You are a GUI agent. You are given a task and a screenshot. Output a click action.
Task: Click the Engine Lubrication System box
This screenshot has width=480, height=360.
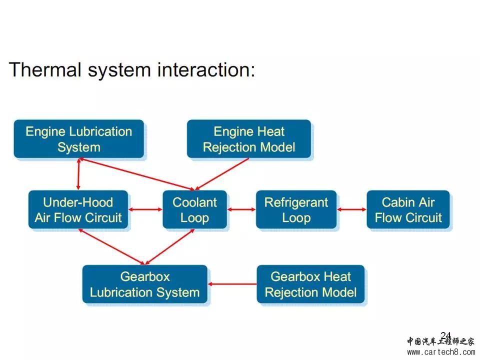(78, 139)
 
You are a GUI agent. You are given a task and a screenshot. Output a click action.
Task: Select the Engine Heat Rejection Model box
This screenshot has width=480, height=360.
(249, 139)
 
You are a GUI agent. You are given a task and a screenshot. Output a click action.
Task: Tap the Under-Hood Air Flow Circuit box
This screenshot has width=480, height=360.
(78, 210)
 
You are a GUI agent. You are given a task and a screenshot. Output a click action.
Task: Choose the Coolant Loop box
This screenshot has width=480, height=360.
(194, 210)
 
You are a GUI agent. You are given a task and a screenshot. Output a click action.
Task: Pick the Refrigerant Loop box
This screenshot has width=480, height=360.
(296, 210)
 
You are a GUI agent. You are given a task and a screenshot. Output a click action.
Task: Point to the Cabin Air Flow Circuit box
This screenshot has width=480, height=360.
(408, 210)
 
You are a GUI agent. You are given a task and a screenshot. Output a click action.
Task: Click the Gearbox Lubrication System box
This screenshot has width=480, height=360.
(144, 284)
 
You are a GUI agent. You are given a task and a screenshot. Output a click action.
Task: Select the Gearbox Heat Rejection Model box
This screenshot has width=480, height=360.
(310, 284)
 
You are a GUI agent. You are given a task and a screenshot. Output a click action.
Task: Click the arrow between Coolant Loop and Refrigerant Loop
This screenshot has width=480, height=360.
(241, 209)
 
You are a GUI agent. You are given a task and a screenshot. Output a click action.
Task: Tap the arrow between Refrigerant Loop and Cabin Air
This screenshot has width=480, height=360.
(352, 209)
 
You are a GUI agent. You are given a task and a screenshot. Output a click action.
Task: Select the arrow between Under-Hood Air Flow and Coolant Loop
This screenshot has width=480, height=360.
(145, 209)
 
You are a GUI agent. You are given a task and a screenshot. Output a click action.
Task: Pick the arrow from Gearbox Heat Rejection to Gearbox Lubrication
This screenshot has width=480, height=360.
(232, 284)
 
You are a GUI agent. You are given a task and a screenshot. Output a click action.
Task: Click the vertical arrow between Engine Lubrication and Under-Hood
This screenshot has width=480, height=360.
(78, 174)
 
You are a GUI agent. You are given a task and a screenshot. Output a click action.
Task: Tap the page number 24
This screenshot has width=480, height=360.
(445, 335)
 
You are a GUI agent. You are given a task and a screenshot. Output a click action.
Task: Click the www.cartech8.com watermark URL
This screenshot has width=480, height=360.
(441, 352)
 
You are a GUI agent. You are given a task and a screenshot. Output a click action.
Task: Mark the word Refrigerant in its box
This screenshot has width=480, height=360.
(296, 202)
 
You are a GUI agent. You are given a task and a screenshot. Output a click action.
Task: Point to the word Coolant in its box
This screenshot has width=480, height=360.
(194, 202)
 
